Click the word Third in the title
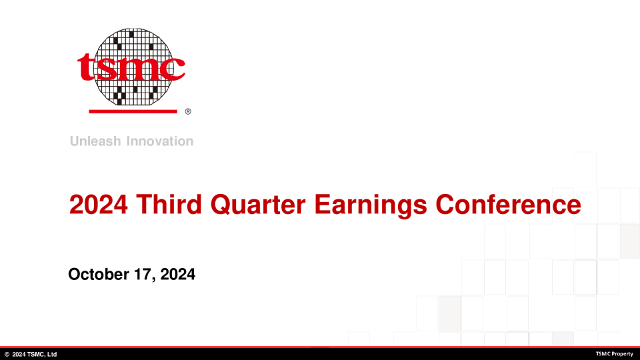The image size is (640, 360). coord(169,204)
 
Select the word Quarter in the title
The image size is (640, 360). coord(257,205)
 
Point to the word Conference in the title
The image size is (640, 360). coord(508,204)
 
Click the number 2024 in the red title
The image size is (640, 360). coord(99,204)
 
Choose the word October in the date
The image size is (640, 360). coord(99,274)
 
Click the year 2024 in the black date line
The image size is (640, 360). coord(177,274)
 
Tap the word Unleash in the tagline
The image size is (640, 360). coord(95,141)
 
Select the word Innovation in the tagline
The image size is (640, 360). coord(160,141)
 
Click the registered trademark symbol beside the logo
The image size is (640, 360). coord(188,111)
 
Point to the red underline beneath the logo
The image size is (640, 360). coord(133,111)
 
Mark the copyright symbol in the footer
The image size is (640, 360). coord(7,354)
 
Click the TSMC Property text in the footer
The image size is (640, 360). coord(614,354)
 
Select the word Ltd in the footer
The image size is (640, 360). coord(52,354)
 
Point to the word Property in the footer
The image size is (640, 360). coord(621,354)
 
